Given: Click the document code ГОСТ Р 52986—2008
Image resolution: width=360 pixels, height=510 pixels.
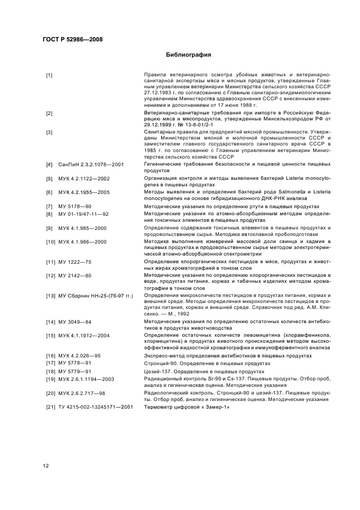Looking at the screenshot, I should (x=72, y=39).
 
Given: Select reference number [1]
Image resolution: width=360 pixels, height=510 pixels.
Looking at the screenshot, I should (x=49, y=75).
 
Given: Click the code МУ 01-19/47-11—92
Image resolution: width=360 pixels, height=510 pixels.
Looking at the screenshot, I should (x=83, y=214).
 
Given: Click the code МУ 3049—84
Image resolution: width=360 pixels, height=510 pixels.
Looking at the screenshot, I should (x=75, y=322).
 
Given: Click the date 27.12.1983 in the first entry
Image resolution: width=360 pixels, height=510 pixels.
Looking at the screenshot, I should (x=157, y=93).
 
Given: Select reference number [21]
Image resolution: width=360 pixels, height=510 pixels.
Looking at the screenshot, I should (x=50, y=407).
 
